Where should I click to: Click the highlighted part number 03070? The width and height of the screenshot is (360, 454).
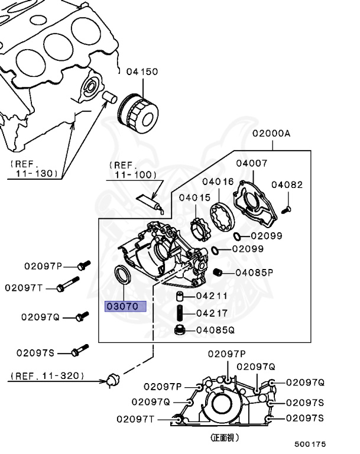click(122, 306)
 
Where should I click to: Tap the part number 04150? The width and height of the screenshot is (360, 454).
click(142, 72)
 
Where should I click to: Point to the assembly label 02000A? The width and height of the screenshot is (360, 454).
click(271, 134)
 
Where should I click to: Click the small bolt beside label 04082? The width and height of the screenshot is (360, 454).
click(286, 208)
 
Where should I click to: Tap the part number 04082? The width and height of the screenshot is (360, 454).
click(287, 184)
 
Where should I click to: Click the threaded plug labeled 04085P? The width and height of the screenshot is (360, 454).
click(218, 272)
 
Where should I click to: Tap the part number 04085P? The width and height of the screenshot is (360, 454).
click(254, 273)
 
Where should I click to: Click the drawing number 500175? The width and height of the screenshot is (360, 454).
click(311, 444)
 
